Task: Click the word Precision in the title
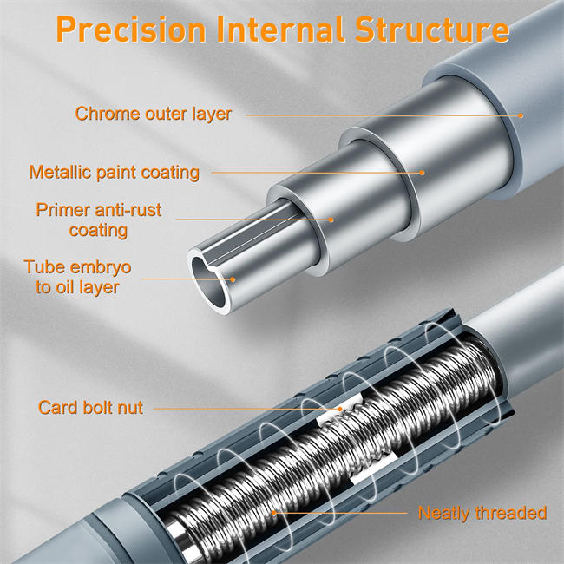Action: click(x=130, y=29)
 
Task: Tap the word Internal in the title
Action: click(x=282, y=29)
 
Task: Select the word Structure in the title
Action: click(x=432, y=29)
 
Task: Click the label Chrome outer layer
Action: click(x=154, y=114)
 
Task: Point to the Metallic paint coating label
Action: click(x=114, y=172)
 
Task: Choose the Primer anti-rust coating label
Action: click(x=99, y=220)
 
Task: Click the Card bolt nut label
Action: click(x=90, y=407)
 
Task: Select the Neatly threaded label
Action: click(x=482, y=513)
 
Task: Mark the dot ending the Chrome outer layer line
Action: click(x=522, y=115)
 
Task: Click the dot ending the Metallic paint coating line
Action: click(x=423, y=172)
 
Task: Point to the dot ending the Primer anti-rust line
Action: click(x=331, y=220)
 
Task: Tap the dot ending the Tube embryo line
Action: click(x=233, y=279)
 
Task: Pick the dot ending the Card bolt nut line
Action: click(x=340, y=408)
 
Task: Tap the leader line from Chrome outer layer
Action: click(x=382, y=115)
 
